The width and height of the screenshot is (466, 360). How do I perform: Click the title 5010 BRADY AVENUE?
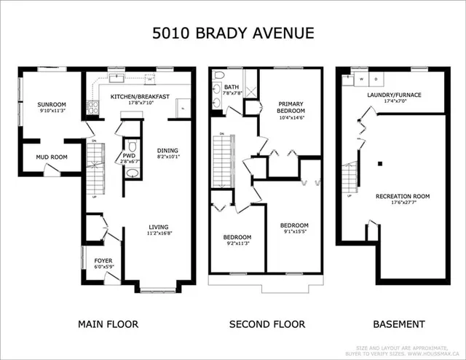tap(232, 33)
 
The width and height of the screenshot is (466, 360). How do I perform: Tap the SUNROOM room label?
tap(51, 105)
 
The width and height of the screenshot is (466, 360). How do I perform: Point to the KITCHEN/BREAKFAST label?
tap(140, 96)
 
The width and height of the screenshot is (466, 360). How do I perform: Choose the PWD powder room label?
tap(128, 155)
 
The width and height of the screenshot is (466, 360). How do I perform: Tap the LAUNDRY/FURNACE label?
tap(393, 95)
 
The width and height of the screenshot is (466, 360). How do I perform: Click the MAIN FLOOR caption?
tap(108, 324)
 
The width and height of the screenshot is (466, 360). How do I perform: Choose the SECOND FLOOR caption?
tap(266, 324)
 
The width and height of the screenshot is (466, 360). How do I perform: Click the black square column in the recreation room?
tap(379, 163)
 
